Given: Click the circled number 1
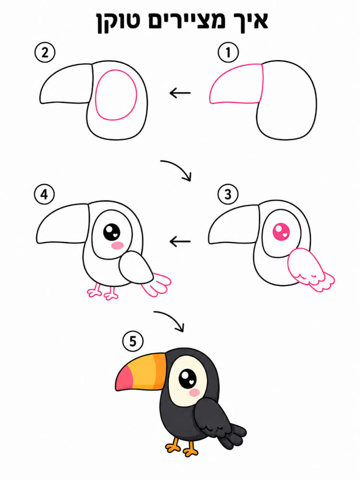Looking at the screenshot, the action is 228,52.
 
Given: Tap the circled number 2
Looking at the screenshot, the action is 45,53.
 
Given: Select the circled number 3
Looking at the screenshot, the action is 228,194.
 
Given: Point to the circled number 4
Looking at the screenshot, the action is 44,194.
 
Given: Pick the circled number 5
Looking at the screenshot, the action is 132,341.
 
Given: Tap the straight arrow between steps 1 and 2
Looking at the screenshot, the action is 180,93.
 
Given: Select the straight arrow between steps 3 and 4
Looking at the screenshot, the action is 180,241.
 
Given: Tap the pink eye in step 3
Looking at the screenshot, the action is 281,232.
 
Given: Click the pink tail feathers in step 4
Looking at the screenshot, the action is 156,285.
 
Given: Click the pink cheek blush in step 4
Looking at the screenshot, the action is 117,245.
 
